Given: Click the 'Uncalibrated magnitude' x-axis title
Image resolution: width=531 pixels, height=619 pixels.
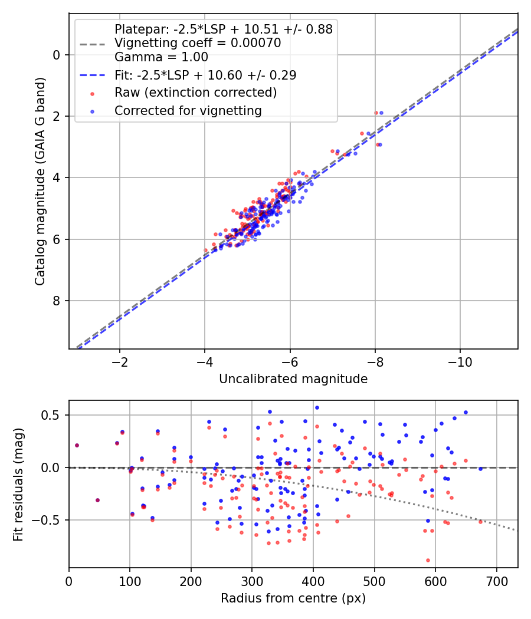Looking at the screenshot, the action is pyautogui.click(x=293, y=379).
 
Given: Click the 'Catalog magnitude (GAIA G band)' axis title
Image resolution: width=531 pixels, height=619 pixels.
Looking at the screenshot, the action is pyautogui.click(x=40, y=181).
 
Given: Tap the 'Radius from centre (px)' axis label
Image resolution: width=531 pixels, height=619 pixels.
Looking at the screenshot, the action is pyautogui.click(x=293, y=598).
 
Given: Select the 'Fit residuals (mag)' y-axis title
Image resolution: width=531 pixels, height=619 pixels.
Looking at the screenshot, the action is pyautogui.click(x=18, y=485).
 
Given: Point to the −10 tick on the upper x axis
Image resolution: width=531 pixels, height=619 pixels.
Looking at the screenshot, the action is pyautogui.click(x=460, y=362).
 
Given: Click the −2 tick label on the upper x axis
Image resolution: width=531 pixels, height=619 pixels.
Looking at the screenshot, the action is pyautogui.click(x=119, y=362).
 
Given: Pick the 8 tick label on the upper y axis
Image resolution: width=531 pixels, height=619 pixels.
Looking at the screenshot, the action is pyautogui.click(x=56, y=301).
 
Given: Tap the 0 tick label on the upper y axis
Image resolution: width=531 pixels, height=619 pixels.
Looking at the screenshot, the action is pyautogui.click(x=56, y=55).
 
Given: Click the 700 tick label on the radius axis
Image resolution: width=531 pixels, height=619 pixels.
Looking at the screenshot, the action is pyautogui.click(x=497, y=581).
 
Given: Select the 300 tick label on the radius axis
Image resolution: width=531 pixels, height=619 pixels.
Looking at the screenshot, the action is pyautogui.click(x=252, y=581).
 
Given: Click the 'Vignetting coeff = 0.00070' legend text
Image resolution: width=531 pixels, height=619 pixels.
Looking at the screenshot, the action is pyautogui.click(x=198, y=42).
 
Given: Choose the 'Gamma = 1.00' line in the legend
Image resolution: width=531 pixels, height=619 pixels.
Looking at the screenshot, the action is pyautogui.click(x=161, y=57).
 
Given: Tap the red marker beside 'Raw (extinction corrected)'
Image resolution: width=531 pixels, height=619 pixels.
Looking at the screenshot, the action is pyautogui.click(x=92, y=94).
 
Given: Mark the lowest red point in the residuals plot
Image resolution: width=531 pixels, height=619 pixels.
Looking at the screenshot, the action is pyautogui.click(x=428, y=560).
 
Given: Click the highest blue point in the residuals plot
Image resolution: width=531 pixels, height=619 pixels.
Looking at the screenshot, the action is pyautogui.click(x=317, y=407).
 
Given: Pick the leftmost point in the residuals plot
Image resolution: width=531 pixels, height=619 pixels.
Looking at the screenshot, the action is pyautogui.click(x=77, y=445).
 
